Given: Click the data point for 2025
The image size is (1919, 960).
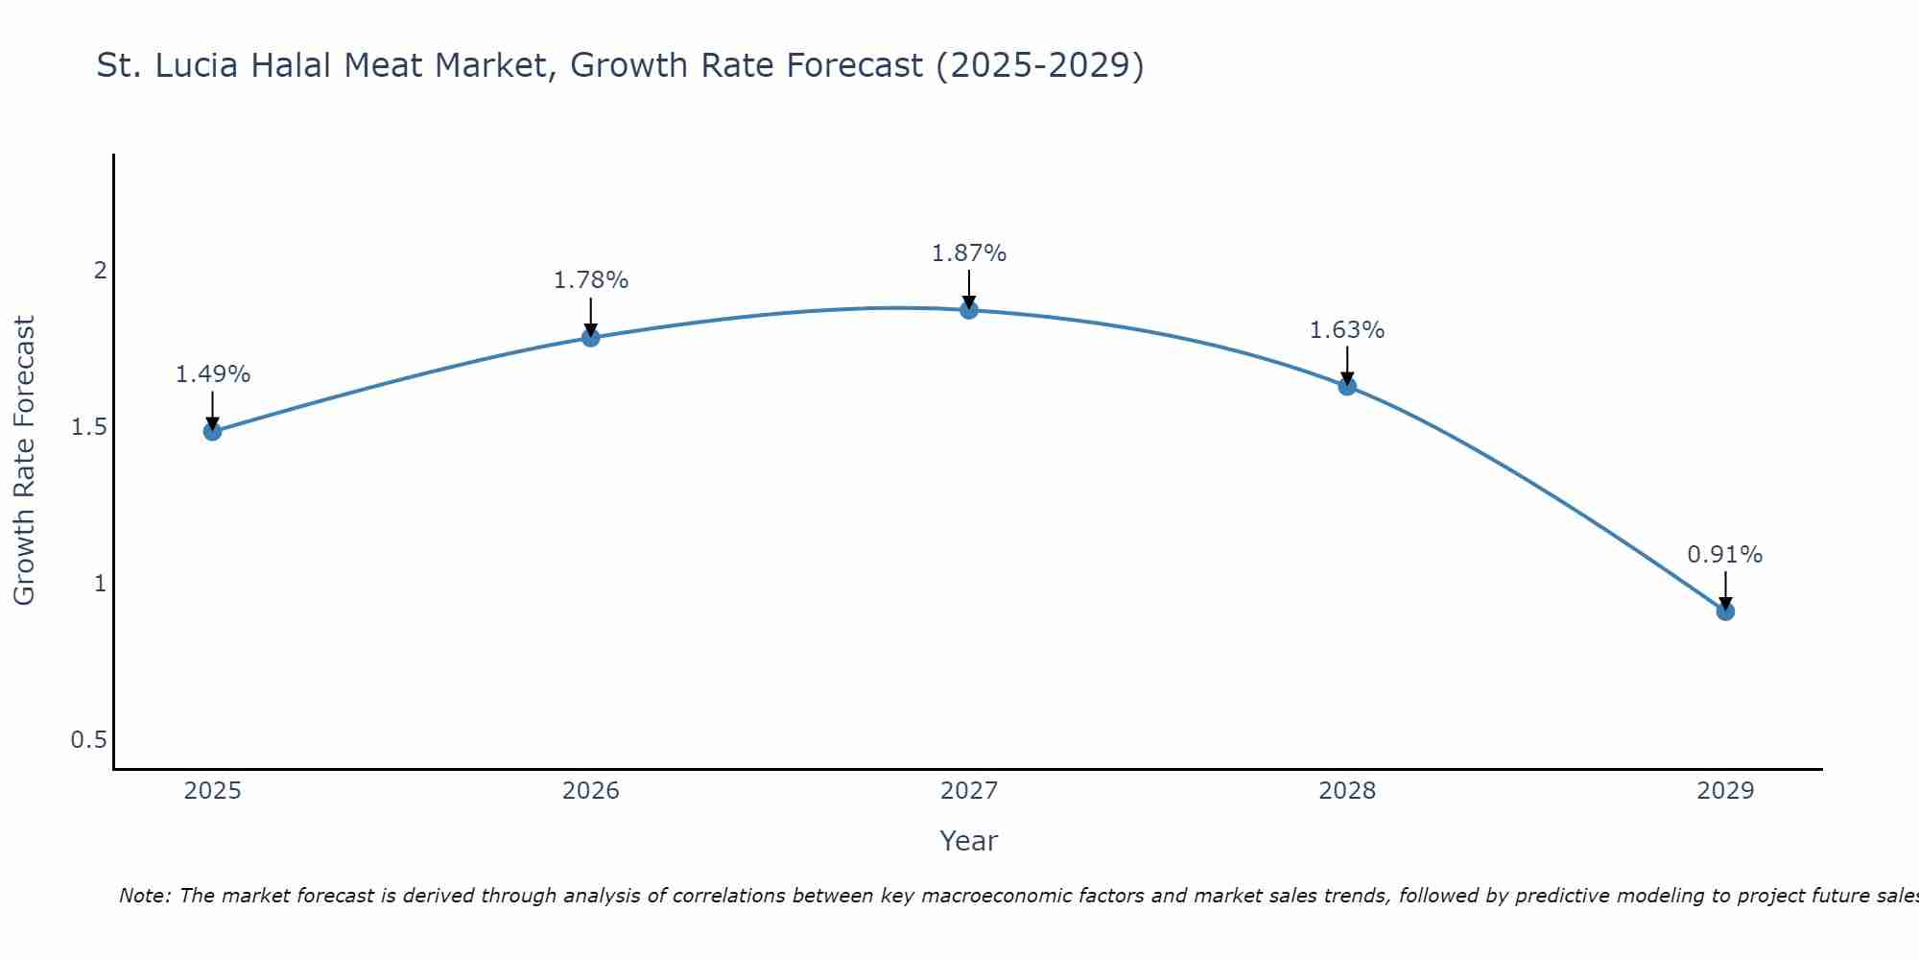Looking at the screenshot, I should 212,431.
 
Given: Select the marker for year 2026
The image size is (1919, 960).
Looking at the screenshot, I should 591,337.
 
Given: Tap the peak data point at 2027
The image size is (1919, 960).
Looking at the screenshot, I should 969,309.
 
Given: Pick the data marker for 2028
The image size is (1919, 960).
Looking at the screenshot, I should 1347,386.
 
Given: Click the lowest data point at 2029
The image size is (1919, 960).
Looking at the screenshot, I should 1725,611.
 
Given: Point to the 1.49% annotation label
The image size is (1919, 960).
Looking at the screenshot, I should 212,374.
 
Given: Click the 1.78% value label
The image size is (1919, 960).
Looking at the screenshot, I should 591,280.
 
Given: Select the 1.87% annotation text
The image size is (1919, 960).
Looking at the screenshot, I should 969,253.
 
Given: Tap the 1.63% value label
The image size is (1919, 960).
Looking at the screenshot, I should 1347,330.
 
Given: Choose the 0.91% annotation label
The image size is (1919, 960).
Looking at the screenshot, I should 1725,555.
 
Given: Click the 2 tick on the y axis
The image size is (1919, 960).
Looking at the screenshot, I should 100,270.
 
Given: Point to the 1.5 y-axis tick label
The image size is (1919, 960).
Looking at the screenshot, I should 89,426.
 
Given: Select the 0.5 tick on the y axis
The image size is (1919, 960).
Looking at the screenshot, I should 89,739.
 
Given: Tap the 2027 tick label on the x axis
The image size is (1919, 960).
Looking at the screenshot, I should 969,791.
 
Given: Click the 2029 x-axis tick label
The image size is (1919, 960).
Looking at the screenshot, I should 1725,791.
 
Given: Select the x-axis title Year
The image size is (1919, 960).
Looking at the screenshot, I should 969,841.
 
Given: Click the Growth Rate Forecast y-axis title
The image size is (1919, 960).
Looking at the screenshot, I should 24,461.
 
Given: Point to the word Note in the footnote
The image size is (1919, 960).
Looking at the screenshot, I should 144,896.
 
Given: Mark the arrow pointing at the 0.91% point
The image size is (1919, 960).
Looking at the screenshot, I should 1725,590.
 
